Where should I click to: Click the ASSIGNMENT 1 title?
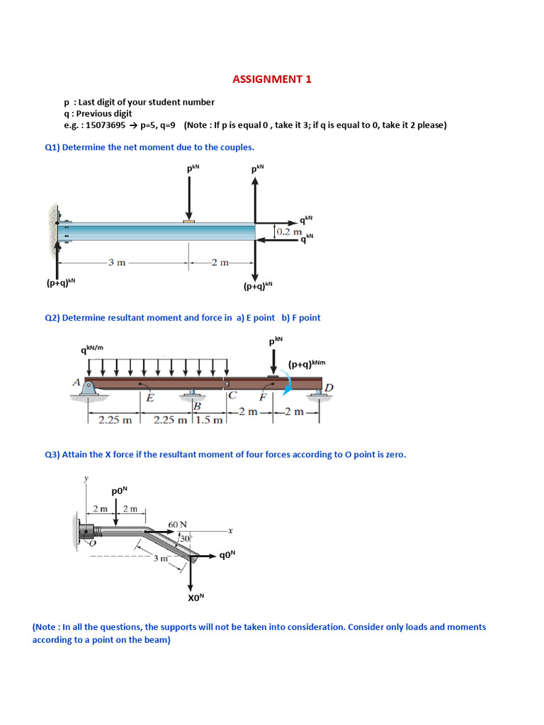[x=272, y=79]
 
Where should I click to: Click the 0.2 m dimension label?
[x=289, y=232]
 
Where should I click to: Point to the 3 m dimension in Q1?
[x=117, y=263]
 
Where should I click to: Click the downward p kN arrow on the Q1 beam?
[x=189, y=198]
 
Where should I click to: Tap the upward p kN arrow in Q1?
[x=256, y=198]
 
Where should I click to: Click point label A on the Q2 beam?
[x=76, y=382]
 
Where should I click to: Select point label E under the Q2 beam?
[x=149, y=398]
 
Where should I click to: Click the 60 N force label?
[x=177, y=525]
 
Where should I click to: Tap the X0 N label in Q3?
[x=195, y=597]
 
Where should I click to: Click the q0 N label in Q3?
[x=227, y=555]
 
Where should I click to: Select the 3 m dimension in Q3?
[x=161, y=558]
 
